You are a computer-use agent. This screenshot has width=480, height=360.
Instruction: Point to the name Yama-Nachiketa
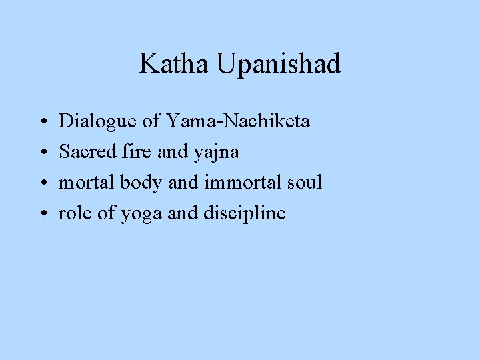[x=238, y=121]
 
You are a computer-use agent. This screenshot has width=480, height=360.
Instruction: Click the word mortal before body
[x=87, y=183]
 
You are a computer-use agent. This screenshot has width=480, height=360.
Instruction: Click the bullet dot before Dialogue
[x=42, y=123]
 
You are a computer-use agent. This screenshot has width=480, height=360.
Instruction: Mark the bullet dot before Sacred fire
[x=42, y=153]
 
